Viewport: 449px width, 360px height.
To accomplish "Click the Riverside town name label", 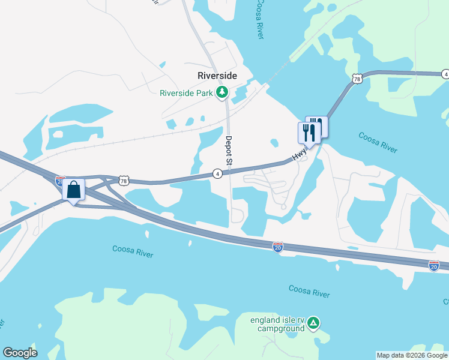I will pos(217,76).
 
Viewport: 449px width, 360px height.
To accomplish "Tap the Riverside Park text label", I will pos(187,92).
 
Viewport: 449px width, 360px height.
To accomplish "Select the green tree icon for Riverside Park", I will pos(223,92).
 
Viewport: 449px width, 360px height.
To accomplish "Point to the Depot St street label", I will pos(228,150).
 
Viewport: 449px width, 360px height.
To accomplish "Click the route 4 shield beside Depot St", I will pos(217,173).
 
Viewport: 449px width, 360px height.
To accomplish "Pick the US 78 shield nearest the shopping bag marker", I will pos(123,180).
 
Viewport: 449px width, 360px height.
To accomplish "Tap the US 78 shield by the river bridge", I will pos(357,79).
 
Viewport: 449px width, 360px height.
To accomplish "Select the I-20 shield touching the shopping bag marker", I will pos(60,180).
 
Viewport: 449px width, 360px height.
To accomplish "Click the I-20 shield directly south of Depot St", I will pos(277,247).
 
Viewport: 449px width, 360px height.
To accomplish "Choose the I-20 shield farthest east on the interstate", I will pos(434,265).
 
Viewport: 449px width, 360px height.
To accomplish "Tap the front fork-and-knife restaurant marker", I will pos(308,133).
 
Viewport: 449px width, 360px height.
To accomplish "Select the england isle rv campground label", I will pos(278,324).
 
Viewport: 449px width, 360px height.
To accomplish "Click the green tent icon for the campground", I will pos(313,324).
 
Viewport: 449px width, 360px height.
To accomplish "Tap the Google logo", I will pos(20,353).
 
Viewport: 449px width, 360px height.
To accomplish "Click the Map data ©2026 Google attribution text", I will pos(412,355).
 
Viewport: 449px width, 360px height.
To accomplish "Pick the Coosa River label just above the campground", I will pos(309,292).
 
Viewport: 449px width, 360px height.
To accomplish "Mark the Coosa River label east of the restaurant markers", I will pos(379,142).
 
